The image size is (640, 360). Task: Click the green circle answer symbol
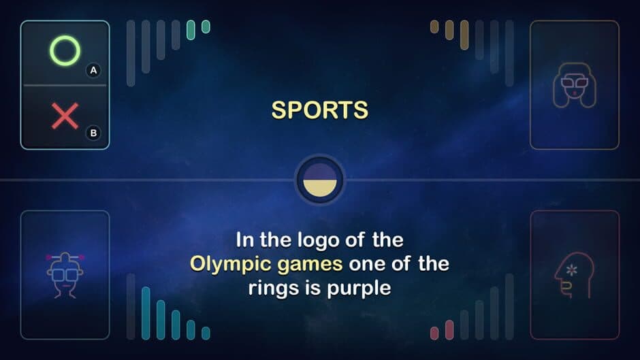[x=65, y=50]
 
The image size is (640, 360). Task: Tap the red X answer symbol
[x=65, y=116]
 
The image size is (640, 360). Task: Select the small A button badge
[x=93, y=70]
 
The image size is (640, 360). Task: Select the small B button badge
[x=93, y=133]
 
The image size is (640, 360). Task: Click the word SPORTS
[x=319, y=110]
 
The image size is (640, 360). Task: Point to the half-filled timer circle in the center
[x=320, y=180]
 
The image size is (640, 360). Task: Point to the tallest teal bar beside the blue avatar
[x=145, y=313]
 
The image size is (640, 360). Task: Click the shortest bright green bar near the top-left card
[x=206, y=27]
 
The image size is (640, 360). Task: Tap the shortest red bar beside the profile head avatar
[x=434, y=333]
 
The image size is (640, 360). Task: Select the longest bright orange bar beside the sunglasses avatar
[x=464, y=35]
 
